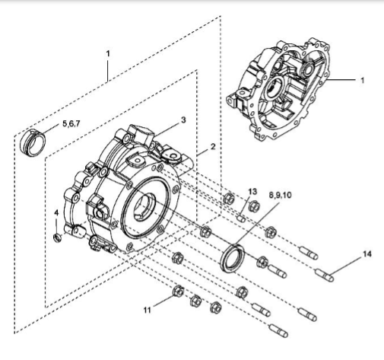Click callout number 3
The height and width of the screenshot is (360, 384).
coord(183,120)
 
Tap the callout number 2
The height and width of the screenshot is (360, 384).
coord(213,147)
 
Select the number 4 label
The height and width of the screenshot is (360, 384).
coord(56,212)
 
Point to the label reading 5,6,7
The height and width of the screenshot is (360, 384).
coord(71,123)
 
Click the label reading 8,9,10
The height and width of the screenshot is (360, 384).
coord(281,195)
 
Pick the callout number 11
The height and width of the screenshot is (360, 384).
coord(148,310)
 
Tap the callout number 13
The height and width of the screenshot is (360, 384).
coord(252,192)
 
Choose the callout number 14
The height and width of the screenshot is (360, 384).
coord(367,253)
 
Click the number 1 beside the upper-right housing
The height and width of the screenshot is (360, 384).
coord(363,81)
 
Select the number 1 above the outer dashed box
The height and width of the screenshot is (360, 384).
coord(108,53)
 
